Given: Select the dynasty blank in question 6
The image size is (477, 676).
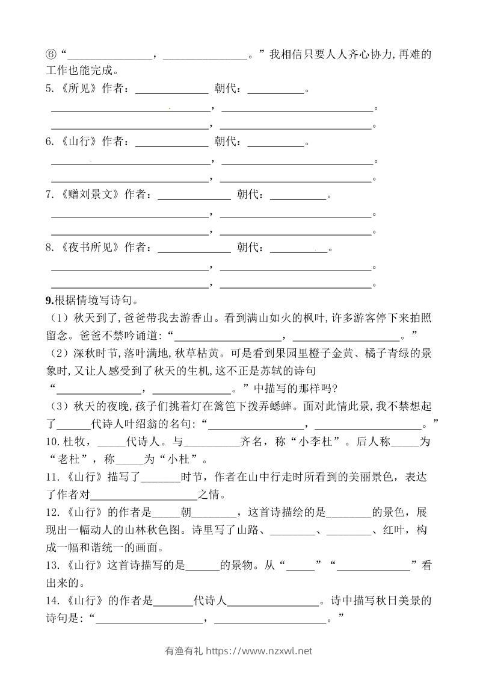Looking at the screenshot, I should [x=276, y=145].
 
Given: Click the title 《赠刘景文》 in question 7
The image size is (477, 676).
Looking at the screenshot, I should [x=90, y=195].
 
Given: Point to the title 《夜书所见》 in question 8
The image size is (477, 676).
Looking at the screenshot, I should [x=90, y=248].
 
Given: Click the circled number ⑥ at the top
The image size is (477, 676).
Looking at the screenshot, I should [x=51, y=55].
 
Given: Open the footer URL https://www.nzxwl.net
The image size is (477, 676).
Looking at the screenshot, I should [x=259, y=651].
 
